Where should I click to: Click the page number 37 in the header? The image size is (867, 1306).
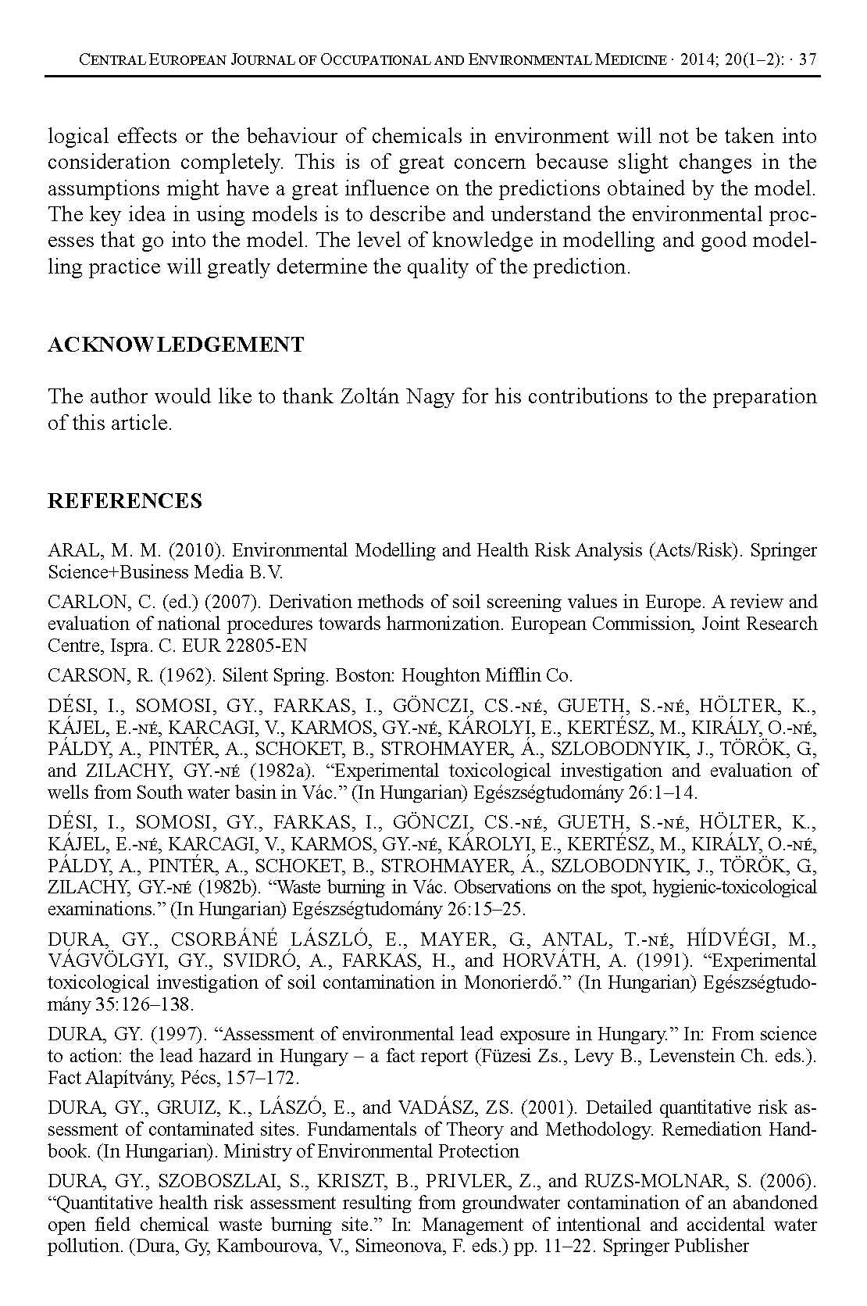click(x=809, y=59)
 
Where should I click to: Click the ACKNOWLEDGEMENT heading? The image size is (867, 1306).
click(x=176, y=345)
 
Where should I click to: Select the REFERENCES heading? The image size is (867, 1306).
click(x=125, y=501)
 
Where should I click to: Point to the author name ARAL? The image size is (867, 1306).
click(x=71, y=550)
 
